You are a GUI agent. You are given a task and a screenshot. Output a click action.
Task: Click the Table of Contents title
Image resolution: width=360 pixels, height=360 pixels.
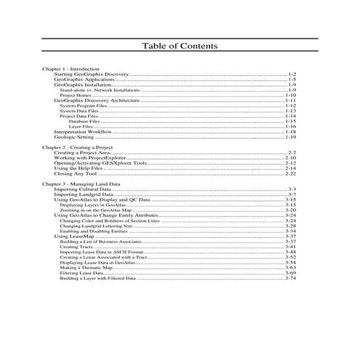point(180,47)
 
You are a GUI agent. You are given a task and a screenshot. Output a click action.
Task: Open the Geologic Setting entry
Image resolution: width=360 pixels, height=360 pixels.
point(73,136)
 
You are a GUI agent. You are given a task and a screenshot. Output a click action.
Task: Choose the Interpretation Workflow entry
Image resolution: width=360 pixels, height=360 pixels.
point(82,131)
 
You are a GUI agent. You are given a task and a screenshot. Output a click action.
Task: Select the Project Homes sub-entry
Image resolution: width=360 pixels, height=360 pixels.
point(74,95)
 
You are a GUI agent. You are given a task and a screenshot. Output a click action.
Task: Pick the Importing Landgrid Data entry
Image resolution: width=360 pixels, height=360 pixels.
point(84,195)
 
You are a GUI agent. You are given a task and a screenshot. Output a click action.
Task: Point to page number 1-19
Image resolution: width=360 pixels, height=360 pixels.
point(291,136)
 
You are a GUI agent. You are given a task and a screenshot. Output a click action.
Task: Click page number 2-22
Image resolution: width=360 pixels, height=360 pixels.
point(291,174)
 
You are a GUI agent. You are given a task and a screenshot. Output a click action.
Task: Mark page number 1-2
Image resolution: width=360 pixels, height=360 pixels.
point(292,74)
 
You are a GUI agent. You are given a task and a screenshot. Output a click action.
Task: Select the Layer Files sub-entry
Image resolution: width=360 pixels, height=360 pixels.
point(79,126)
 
